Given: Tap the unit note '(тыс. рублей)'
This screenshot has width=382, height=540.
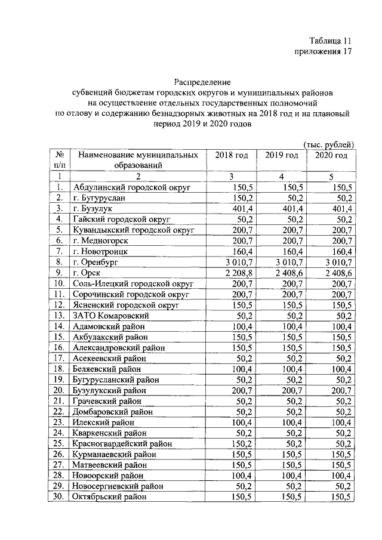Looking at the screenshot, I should click(329, 144).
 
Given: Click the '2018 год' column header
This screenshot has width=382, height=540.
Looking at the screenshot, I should click(231, 155).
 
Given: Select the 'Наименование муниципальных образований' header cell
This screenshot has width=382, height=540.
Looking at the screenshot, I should click(138, 161).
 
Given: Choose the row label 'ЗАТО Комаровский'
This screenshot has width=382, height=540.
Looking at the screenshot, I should click(108, 315).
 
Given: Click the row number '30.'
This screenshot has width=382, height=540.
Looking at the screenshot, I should click(60, 496).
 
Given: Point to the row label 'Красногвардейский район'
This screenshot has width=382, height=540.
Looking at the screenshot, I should click(122, 443).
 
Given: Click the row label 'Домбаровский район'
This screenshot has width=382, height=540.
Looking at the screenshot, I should click(112, 411).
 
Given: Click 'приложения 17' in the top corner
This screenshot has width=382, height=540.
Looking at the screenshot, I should click(320, 52).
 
